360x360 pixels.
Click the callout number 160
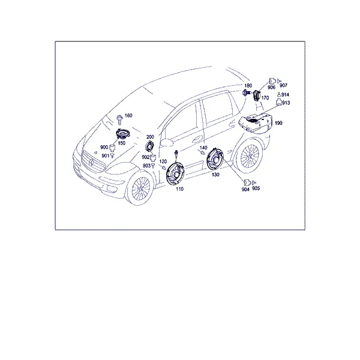click(128, 115)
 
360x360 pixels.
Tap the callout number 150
click(121, 143)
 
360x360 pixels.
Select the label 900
click(104, 147)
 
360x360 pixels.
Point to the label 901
click(106, 156)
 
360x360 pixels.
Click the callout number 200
click(150, 137)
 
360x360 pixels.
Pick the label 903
click(146, 166)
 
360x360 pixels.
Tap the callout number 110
click(179, 189)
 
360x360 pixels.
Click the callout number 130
click(215, 175)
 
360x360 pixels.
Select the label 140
click(203, 148)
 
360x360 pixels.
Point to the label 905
click(256, 188)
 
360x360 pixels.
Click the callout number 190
click(278, 123)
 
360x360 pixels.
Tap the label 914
click(285, 95)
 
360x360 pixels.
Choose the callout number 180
click(248, 86)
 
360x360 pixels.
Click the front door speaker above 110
click(175, 173)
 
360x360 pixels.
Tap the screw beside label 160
click(119, 119)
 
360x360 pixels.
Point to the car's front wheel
click(140, 188)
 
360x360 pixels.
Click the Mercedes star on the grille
click(91, 162)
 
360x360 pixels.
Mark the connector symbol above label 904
click(247, 183)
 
